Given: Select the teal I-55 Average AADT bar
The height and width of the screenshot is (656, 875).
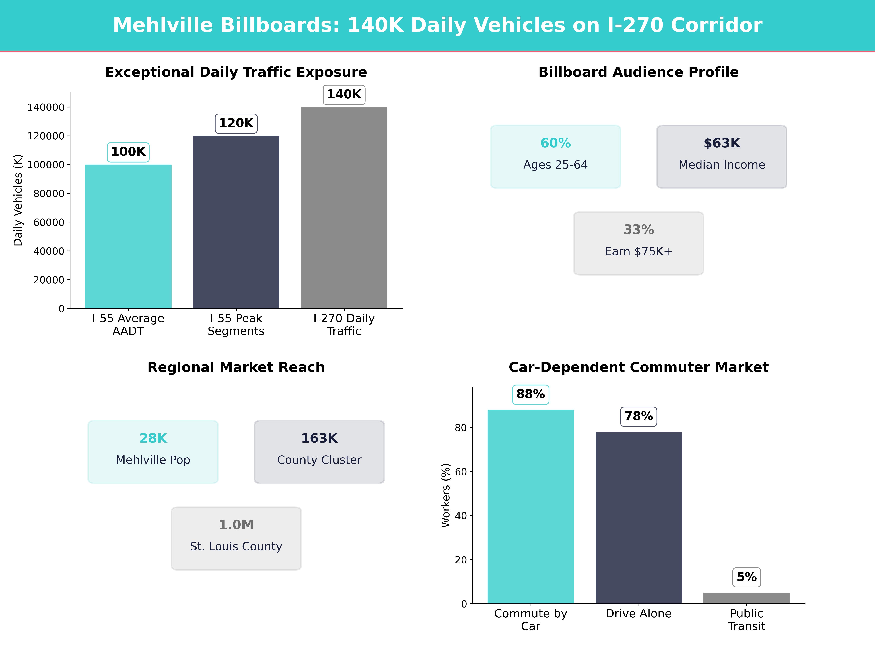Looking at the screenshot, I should click(128, 237).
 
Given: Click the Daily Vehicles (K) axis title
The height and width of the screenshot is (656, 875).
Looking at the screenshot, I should click(18, 200).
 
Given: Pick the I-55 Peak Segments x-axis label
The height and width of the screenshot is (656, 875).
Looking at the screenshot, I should click(236, 325).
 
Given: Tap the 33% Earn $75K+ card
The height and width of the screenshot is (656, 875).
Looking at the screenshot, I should click(638, 243).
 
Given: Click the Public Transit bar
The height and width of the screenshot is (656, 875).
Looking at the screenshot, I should click(746, 598).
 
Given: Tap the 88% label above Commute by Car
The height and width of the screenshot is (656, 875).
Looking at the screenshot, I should click(530, 394).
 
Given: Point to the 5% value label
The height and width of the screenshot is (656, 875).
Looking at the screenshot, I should click(746, 577).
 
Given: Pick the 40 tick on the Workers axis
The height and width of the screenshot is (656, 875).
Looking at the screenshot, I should click(461, 516).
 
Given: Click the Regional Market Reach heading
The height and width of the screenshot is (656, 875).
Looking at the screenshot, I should click(236, 367).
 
